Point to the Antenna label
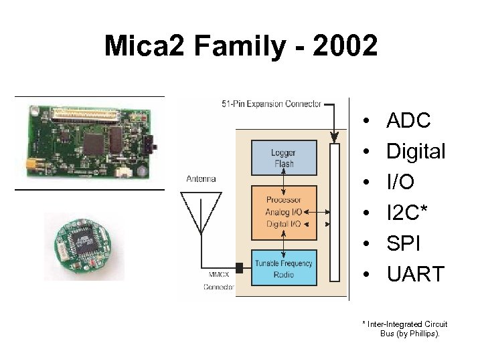click(201, 178)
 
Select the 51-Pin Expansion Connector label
click(271, 104)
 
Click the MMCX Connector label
click(218, 281)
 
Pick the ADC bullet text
click(408, 121)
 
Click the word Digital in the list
click(416, 152)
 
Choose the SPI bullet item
click(404, 243)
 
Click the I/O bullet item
click(402, 183)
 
